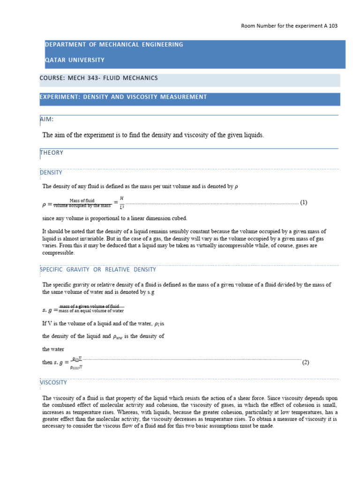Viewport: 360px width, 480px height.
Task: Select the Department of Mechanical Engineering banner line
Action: point(114,45)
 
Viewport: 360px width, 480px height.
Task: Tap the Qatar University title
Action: point(75,60)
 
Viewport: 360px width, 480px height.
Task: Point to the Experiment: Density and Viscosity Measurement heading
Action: point(126,97)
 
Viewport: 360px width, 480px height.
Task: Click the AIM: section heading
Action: point(47,119)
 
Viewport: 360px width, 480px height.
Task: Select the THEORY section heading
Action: point(52,152)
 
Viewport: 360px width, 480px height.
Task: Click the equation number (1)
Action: point(304,202)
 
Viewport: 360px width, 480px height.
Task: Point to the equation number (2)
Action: point(306,362)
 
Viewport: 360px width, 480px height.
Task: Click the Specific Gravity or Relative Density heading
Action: point(98,270)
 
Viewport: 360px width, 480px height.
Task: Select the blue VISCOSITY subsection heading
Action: point(53,382)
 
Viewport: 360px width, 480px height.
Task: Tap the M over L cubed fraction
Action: point(122,202)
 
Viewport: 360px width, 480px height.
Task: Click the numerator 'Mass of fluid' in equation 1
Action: point(82,200)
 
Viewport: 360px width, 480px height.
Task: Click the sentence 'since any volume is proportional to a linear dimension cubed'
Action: point(115,218)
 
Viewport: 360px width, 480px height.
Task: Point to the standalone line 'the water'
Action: point(53,349)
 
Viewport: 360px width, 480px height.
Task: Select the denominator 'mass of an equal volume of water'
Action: point(91,311)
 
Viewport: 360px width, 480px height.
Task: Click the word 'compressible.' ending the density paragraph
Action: point(59,253)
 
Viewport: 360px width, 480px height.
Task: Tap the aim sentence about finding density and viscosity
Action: point(153,135)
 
